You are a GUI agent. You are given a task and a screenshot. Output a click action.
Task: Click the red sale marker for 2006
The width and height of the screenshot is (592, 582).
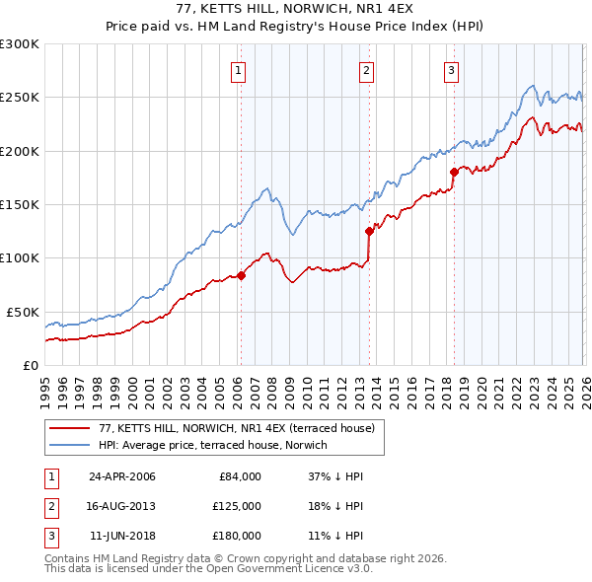click(x=241, y=275)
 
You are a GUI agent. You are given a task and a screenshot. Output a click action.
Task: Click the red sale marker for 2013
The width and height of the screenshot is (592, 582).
click(x=368, y=232)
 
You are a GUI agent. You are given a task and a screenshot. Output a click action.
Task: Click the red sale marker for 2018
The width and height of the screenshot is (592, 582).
click(x=453, y=172)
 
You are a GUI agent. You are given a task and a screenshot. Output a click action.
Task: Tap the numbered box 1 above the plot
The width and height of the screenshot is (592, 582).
click(x=240, y=70)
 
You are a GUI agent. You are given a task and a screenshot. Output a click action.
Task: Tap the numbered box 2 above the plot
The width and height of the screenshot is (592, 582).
click(x=366, y=70)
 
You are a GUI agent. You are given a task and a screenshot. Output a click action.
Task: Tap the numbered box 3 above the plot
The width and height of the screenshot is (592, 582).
click(x=451, y=70)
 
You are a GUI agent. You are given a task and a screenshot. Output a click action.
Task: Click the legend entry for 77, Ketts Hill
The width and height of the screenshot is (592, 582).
click(x=236, y=429)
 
